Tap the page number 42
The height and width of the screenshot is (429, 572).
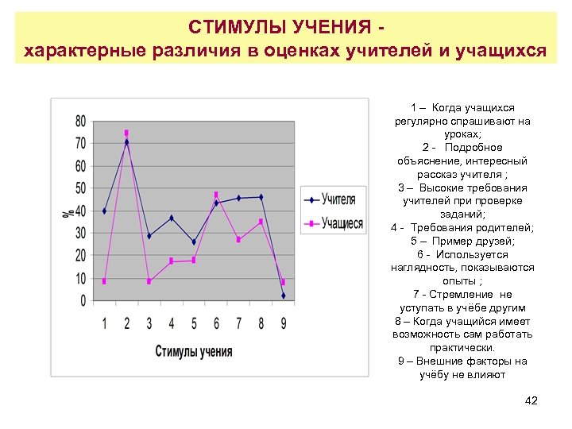click(x=531, y=400)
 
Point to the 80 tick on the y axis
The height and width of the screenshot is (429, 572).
click(x=81, y=122)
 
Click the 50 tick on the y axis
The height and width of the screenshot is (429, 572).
click(x=81, y=189)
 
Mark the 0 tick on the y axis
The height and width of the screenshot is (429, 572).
click(x=83, y=301)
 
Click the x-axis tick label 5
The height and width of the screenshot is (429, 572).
click(x=194, y=323)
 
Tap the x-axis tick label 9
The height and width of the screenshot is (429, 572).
click(x=283, y=323)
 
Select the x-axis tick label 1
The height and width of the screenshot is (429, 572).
click(x=105, y=323)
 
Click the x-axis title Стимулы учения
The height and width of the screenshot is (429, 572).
click(x=194, y=351)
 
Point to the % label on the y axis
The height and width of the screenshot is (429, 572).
click(x=69, y=212)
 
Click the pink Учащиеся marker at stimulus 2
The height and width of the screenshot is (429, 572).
click(x=126, y=133)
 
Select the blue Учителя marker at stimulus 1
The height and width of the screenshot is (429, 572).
click(x=104, y=211)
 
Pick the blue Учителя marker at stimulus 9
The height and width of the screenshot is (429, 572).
click(x=283, y=296)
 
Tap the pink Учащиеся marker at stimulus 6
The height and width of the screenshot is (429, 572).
click(x=216, y=195)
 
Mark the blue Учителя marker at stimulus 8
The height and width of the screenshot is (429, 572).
click(x=261, y=197)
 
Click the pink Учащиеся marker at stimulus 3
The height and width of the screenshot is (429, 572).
click(x=149, y=281)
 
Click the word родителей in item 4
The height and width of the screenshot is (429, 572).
click(x=503, y=228)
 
